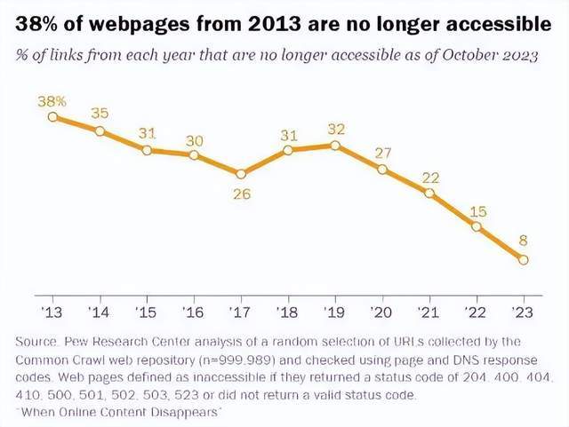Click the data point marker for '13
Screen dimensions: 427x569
coord(53,116)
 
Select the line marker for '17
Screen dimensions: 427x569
coord(241,173)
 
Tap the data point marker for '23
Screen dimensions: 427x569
coord(523,259)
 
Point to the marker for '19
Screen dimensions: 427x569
coord(335,145)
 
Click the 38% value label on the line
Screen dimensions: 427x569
coord(52,100)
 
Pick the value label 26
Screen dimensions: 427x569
coord(242,194)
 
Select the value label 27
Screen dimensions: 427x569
coord(383,152)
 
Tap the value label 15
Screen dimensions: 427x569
coord(477,210)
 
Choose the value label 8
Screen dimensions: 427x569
coord(524,239)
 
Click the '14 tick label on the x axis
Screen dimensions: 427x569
coord(100,313)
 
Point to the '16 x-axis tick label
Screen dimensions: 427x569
coord(194,313)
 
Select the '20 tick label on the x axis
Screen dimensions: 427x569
coord(382,313)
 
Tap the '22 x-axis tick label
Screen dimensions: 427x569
coord(477,313)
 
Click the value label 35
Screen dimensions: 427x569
coord(100,114)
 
